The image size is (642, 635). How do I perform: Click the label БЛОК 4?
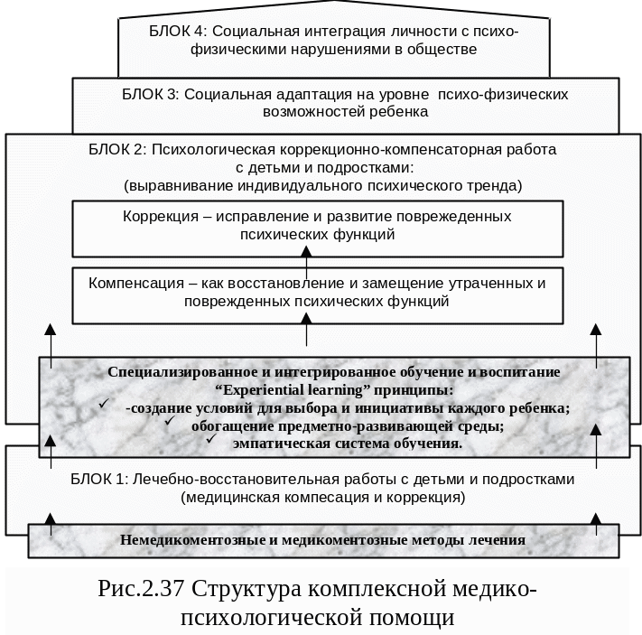[173, 31]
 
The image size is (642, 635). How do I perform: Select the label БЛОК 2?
[116, 149]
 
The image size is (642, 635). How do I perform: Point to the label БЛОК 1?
[98, 479]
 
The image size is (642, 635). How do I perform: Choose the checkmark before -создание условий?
[106, 404]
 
